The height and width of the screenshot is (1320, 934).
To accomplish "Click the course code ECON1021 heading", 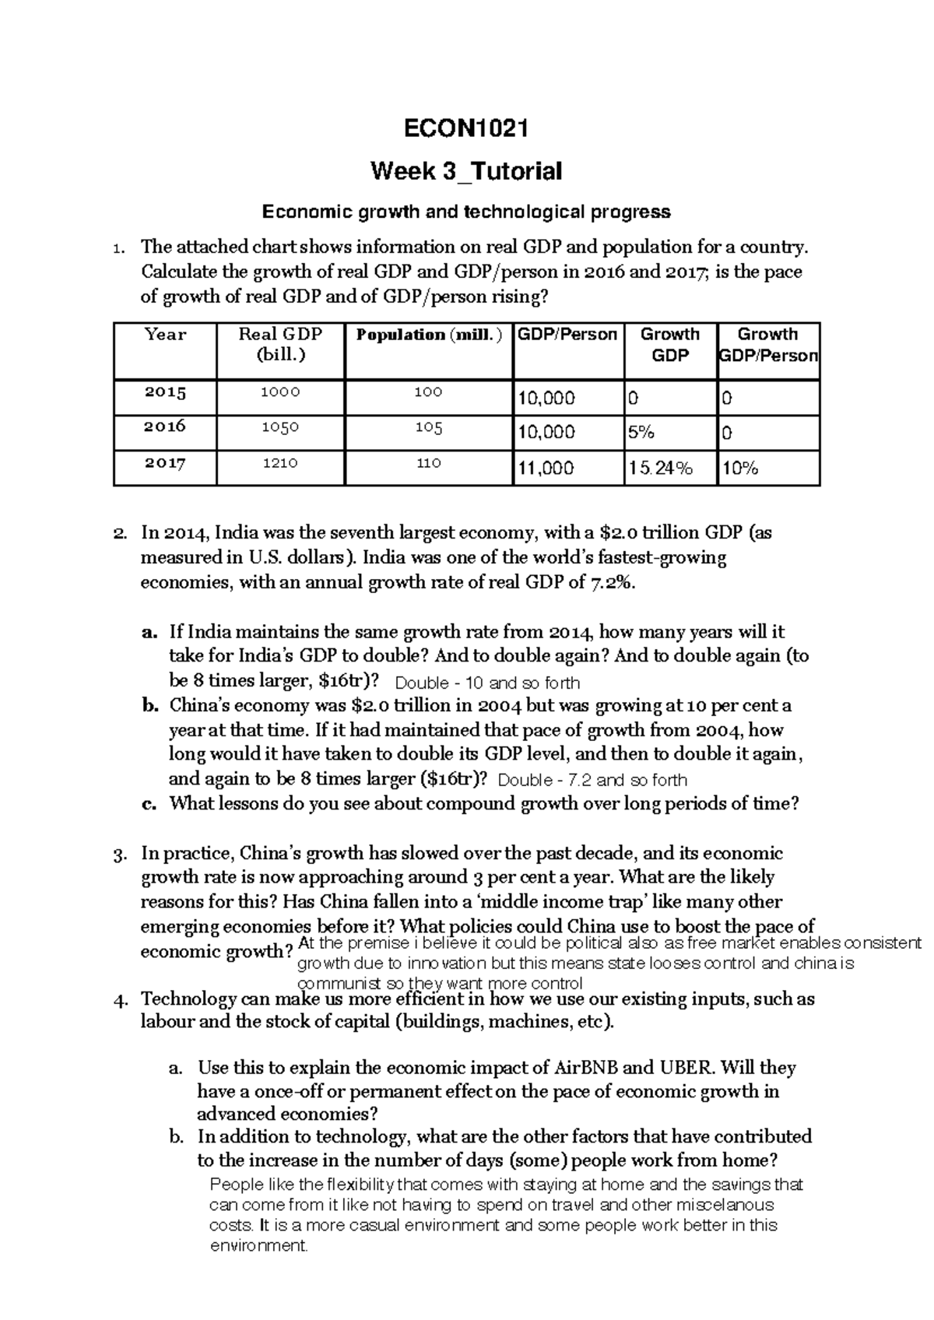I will [466, 128].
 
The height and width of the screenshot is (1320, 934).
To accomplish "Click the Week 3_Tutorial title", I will [466, 170].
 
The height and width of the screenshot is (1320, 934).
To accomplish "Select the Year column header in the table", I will [165, 335].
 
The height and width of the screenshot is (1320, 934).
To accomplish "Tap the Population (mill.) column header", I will [429, 335].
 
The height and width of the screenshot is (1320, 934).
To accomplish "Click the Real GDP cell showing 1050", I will [280, 427].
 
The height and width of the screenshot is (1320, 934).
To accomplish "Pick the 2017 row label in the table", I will [165, 463].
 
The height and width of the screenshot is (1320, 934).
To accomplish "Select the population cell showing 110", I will [429, 463].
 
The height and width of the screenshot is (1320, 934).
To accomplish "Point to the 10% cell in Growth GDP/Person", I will [740, 469].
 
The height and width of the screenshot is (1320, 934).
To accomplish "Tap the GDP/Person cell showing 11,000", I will [546, 469].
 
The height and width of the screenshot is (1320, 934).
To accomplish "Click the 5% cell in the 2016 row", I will [641, 433].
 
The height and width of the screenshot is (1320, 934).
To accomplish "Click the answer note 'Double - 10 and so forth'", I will [488, 683].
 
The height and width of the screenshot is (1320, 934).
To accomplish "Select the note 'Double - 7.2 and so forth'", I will [592, 780].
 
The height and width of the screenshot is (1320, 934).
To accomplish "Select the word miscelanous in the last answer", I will [727, 1205].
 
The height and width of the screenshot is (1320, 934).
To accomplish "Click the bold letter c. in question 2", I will [150, 804].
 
